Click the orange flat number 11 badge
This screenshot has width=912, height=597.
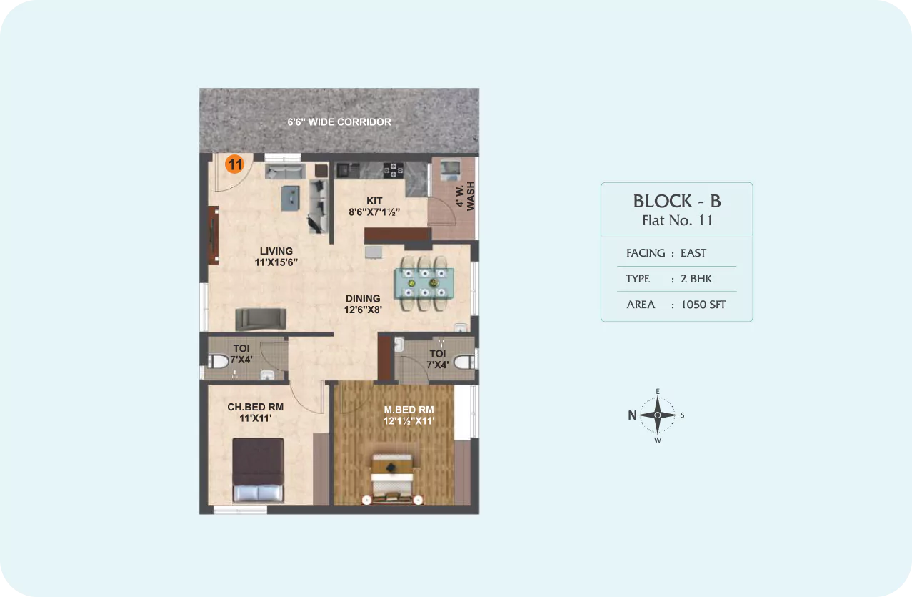click(234, 164)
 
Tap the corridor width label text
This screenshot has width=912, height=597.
click(339, 122)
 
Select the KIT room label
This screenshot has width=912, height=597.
click(374, 201)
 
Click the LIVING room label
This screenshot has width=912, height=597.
click(276, 251)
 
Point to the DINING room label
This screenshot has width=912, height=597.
click(363, 299)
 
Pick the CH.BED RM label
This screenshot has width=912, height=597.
click(255, 407)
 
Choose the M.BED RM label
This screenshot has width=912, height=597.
click(409, 410)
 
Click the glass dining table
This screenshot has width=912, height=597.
click(424, 283)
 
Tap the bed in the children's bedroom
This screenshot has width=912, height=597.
click(258, 470)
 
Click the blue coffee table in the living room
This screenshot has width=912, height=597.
click(290, 199)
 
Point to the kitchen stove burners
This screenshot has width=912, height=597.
click(393, 170)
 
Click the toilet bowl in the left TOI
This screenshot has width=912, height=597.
click(219, 362)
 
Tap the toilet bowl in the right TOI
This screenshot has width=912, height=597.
click(464, 362)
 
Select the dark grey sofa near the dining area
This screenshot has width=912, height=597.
click(261, 320)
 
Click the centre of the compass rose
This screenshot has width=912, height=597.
click(658, 415)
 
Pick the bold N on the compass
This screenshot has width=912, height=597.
click(632, 415)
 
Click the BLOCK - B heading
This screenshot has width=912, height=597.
click(677, 202)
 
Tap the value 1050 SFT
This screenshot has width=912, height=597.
click(703, 305)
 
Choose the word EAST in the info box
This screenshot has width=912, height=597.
click(693, 253)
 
